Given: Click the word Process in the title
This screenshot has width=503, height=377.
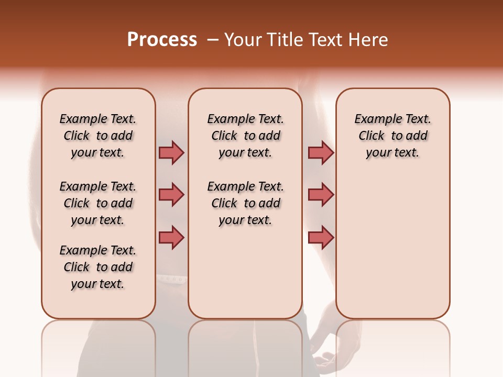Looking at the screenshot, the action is (161, 40).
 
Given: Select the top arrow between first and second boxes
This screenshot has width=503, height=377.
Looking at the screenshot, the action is (171, 152).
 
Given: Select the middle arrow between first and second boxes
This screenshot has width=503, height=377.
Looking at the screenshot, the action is (171, 195).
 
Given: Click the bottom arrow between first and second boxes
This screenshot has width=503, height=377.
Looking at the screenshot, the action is (171, 237).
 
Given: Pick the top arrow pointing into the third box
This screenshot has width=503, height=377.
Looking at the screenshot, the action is (321, 152).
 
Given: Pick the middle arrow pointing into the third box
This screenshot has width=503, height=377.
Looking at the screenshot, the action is (321, 195).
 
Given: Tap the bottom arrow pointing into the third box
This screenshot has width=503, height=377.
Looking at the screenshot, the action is (321, 237).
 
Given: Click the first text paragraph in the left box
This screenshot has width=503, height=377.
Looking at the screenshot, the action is (98, 136).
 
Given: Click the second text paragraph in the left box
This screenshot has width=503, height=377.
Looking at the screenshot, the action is (98, 203).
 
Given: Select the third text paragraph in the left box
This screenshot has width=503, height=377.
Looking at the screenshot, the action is (98, 267).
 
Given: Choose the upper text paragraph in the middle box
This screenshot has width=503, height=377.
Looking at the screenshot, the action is (245, 136).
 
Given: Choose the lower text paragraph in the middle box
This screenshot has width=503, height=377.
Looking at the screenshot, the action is (245, 203).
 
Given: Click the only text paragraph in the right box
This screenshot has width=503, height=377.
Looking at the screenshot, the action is (392, 136).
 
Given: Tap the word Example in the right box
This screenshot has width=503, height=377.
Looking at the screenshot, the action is (373, 119).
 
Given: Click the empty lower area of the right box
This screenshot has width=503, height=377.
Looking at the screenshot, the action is (392, 251).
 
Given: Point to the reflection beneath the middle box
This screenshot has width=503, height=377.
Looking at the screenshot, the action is (245, 346).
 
